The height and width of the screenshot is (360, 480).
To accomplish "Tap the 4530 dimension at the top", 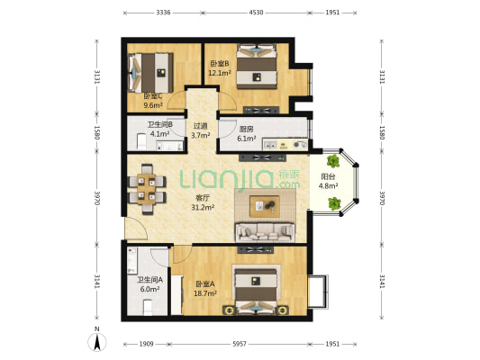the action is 256,13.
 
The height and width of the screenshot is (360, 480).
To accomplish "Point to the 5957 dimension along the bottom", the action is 240,344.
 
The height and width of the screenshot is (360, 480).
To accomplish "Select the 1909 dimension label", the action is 146,344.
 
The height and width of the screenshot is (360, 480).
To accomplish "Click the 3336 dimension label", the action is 163,13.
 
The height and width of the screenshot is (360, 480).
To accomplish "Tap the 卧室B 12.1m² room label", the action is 220,68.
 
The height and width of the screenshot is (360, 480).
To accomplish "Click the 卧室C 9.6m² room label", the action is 153,101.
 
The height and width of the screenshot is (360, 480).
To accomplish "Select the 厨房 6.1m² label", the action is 247,134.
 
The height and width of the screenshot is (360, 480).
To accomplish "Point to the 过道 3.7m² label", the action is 201,130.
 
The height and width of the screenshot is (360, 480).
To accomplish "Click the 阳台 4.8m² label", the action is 328,181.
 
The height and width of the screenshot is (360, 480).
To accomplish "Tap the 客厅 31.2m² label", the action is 203,202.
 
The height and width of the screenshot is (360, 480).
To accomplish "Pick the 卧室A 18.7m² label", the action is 205,289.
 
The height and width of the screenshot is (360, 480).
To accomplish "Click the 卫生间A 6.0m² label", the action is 149,284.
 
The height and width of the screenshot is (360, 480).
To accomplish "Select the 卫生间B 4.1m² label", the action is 159,129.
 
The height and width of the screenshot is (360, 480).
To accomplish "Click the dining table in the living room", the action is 147,189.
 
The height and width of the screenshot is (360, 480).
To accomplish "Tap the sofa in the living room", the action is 265,232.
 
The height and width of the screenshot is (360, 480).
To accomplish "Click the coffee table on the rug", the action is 265,206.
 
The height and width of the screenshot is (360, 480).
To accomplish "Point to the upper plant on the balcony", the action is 333,161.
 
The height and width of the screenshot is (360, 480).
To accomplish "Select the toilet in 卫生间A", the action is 148,307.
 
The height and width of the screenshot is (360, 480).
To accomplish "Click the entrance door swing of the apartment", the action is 136,228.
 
